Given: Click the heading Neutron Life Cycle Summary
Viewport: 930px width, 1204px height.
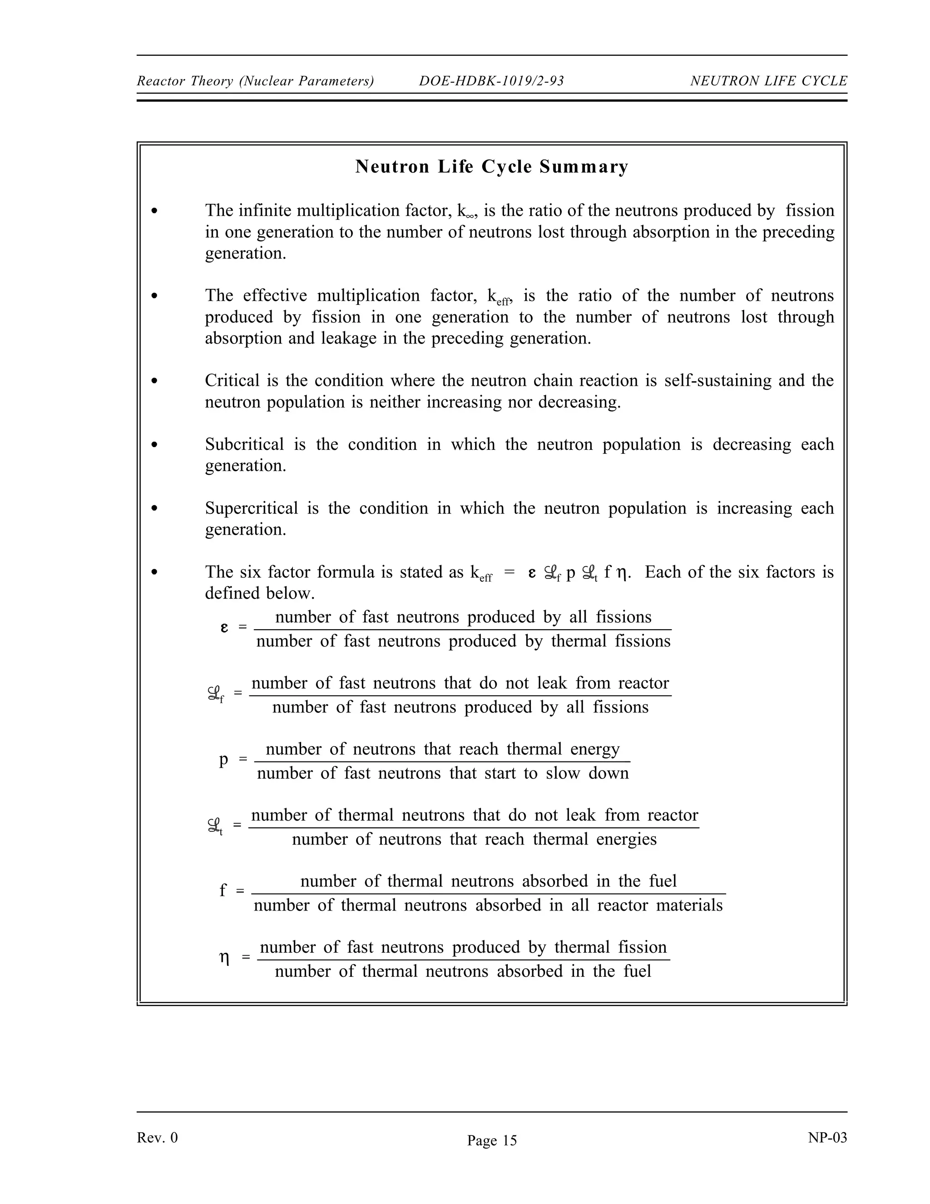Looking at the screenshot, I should (491, 166).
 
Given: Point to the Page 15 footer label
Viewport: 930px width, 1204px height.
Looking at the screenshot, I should (491, 1140).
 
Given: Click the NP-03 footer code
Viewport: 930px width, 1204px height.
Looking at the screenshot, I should (827, 1137).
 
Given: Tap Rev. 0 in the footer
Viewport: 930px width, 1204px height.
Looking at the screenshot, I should (157, 1137).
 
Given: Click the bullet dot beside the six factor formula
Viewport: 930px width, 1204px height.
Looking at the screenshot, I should (155, 572).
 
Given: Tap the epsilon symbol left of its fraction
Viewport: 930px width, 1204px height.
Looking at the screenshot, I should (224, 628).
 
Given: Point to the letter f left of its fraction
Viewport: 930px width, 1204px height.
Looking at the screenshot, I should (223, 891).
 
